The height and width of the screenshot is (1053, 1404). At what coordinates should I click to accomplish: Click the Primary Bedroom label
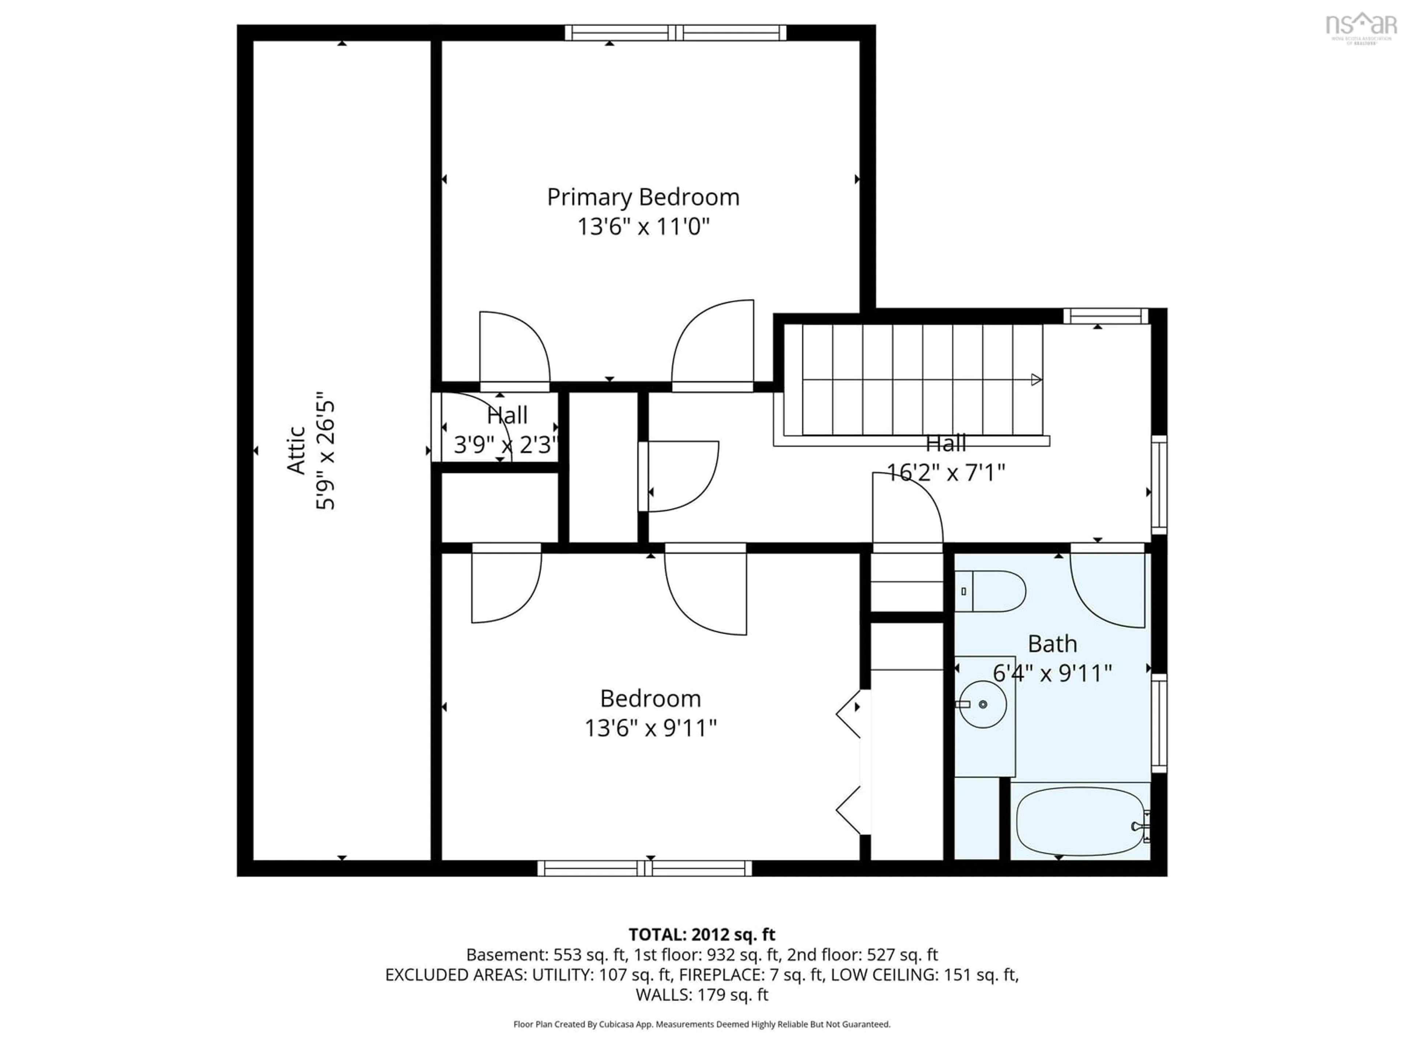[x=643, y=197]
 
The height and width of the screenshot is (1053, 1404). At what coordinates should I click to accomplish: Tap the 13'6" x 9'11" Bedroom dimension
[x=650, y=728]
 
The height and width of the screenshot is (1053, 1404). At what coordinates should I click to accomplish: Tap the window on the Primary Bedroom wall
[x=675, y=33]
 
